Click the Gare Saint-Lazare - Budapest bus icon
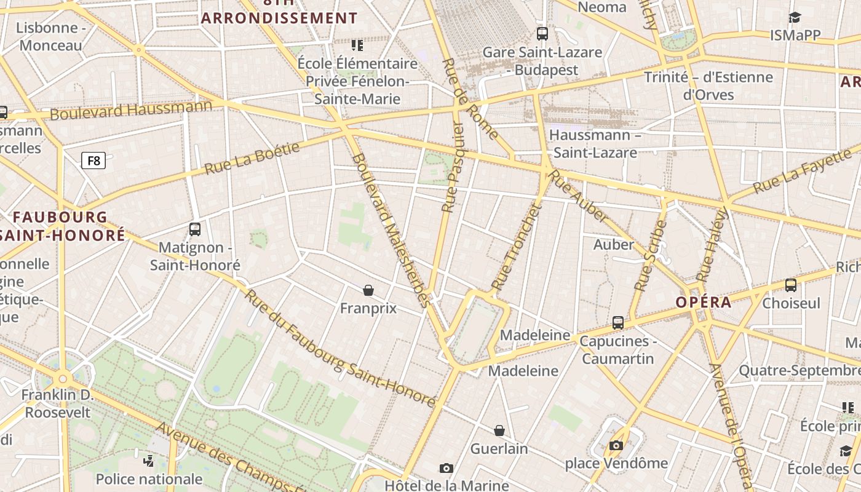[x=542, y=33]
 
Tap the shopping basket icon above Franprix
[x=368, y=290]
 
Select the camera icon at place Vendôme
[x=616, y=445]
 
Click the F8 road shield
[x=93, y=161]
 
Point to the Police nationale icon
[x=148, y=460]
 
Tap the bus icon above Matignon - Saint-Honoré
[x=195, y=229]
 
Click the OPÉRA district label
[x=704, y=302]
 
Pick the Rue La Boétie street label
[x=252, y=158]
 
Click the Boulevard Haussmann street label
[x=130, y=110]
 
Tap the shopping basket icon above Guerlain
[x=499, y=430]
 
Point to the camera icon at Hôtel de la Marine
[x=447, y=469]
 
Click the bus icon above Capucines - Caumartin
[x=618, y=322]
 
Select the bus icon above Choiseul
[x=791, y=285]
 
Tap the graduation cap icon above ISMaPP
[x=795, y=17]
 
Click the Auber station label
[x=613, y=244]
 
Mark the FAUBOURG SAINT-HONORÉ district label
[x=61, y=226]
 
